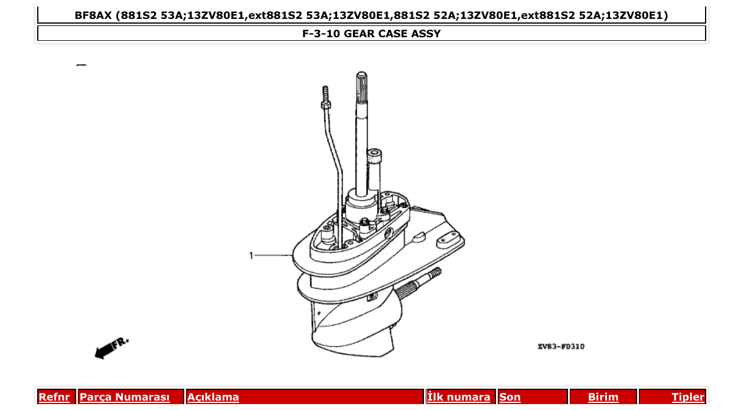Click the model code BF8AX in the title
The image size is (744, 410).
pyautogui.click(x=93, y=15)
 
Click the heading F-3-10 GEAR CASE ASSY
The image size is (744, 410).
pyautogui.click(x=371, y=34)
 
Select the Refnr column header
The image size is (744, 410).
pyautogui.click(x=54, y=397)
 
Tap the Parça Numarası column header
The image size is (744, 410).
pyautogui.click(x=125, y=397)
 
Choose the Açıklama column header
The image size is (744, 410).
pyautogui.click(x=213, y=397)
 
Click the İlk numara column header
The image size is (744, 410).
pyautogui.click(x=459, y=397)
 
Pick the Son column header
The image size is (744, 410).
pyautogui.click(x=510, y=397)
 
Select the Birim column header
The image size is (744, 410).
pyautogui.click(x=603, y=397)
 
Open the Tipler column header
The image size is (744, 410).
pyautogui.click(x=688, y=397)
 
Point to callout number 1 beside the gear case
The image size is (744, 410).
pyautogui.click(x=251, y=256)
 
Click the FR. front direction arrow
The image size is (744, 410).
pyautogui.click(x=111, y=347)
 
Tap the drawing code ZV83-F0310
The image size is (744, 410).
pyautogui.click(x=561, y=347)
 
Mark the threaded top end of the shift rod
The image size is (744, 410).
pyautogui.click(x=325, y=92)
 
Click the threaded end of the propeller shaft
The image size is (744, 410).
pyautogui.click(x=432, y=274)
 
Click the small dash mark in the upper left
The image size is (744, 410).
pyautogui.click(x=81, y=64)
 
